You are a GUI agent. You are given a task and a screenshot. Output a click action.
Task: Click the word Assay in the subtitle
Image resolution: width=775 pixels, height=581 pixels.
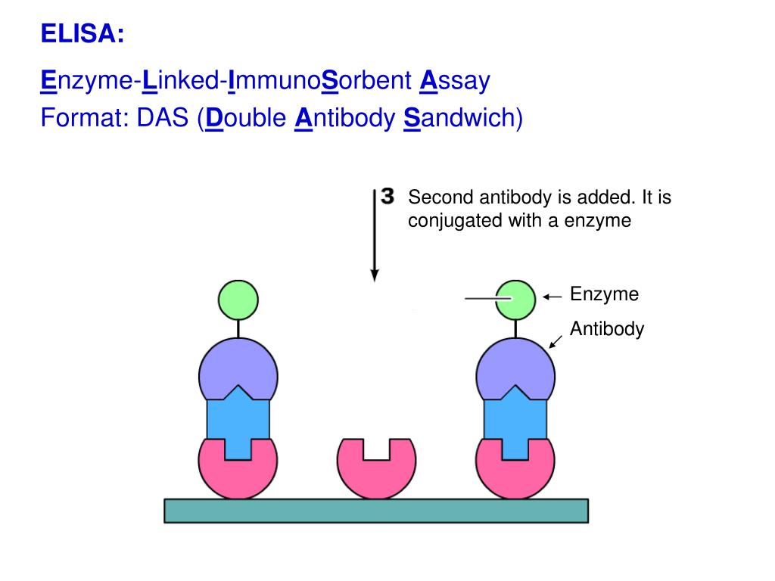pos(455,81)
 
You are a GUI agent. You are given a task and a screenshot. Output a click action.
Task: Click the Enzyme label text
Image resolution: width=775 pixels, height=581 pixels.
pos(604,294)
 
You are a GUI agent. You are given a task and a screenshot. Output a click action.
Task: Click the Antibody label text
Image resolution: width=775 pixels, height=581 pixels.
pos(606,329)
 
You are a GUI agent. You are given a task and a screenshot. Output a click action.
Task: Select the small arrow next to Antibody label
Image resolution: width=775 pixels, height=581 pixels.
pos(555,342)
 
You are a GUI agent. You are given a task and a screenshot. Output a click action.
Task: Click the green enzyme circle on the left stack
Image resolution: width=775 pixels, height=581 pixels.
pos(238,300)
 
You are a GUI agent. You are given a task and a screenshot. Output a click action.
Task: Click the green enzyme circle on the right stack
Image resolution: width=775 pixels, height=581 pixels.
pos(515,300)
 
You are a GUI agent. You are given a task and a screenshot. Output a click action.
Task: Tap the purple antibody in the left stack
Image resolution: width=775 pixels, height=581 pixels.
pos(238,367)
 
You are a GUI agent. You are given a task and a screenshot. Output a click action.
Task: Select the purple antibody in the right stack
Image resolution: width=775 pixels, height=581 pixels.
pos(515,367)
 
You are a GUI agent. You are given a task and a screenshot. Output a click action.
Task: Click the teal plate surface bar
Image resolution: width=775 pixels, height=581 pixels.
pos(376,511)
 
